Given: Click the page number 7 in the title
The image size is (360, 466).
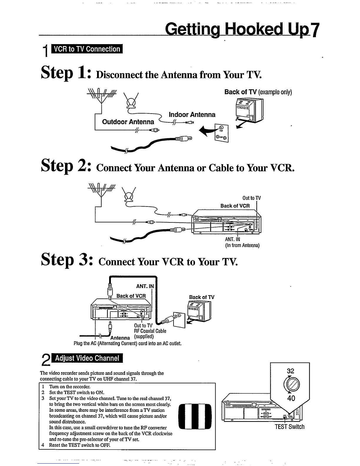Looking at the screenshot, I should point(315,29).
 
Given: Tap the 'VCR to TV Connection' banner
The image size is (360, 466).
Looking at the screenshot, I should point(87,49).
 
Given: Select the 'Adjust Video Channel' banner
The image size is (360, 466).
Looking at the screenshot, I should point(87,358).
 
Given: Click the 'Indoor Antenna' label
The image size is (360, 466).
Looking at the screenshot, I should point(192,115).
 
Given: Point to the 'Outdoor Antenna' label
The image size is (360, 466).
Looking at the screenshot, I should point(128,122).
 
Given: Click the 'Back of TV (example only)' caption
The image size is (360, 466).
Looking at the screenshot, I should point(258,92).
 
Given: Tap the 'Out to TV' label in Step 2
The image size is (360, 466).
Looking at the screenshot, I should point(251,198).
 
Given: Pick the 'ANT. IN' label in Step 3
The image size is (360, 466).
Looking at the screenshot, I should point(145,286).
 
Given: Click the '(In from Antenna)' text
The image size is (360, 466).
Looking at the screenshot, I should point(242,245).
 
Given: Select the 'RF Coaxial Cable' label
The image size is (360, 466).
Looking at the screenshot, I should point(150,331).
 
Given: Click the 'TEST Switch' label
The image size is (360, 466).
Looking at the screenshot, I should point(289,427).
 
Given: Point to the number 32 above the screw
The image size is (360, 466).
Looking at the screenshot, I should point(290,371).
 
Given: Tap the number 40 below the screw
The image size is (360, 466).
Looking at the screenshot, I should point(291,398).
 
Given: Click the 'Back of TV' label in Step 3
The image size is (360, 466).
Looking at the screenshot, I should point(201,297).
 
